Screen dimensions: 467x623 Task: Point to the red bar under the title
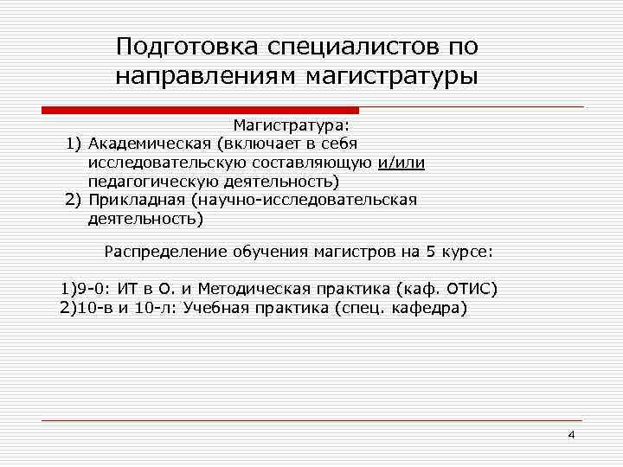[x=200, y=110]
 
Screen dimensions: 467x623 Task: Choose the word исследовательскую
[x=159, y=163]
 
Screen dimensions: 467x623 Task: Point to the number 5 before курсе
[x=430, y=252]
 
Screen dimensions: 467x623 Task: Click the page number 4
[x=571, y=434]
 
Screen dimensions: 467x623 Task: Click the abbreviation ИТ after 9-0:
[x=126, y=289]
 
